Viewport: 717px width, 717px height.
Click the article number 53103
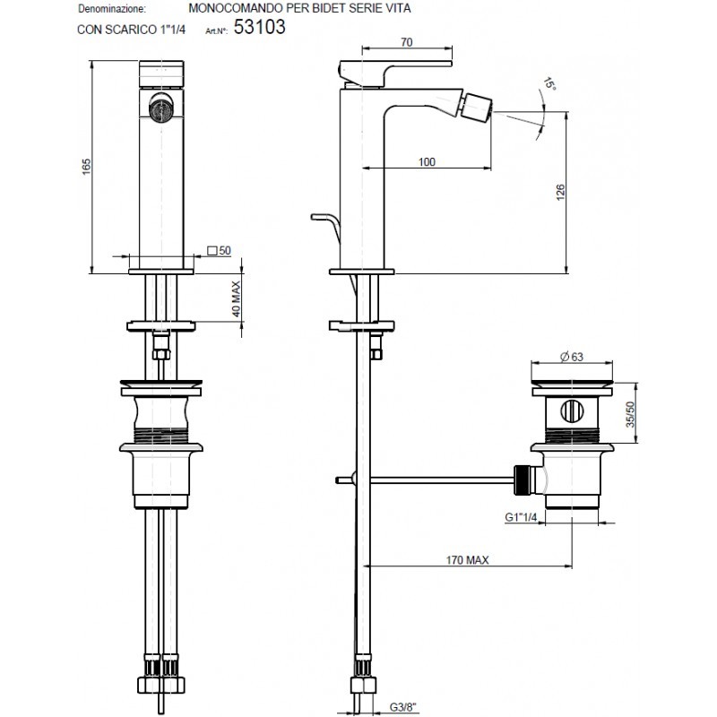click(x=259, y=27)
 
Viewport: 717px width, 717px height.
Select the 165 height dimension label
click(x=87, y=167)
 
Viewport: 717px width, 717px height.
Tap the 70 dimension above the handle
click(x=407, y=42)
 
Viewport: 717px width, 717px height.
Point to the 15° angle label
click(x=549, y=84)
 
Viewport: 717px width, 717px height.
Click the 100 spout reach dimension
click(x=427, y=162)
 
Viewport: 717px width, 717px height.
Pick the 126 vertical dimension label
click(x=561, y=192)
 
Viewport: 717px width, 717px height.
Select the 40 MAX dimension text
click(x=236, y=299)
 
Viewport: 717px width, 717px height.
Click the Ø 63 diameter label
click(x=572, y=357)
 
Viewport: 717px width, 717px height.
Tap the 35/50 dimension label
click(x=631, y=414)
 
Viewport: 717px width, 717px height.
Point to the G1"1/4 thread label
click(x=521, y=517)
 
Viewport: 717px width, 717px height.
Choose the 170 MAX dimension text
click(x=467, y=559)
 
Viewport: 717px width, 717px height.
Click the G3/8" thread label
click(x=403, y=707)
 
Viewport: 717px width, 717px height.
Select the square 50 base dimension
click(x=219, y=251)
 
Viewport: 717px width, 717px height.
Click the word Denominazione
click(x=113, y=9)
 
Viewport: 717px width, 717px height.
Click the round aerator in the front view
click(x=160, y=107)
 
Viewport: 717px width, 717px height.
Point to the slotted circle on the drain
click(x=572, y=410)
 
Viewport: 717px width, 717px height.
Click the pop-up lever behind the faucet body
click(x=326, y=228)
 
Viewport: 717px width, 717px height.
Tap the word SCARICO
click(x=134, y=30)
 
